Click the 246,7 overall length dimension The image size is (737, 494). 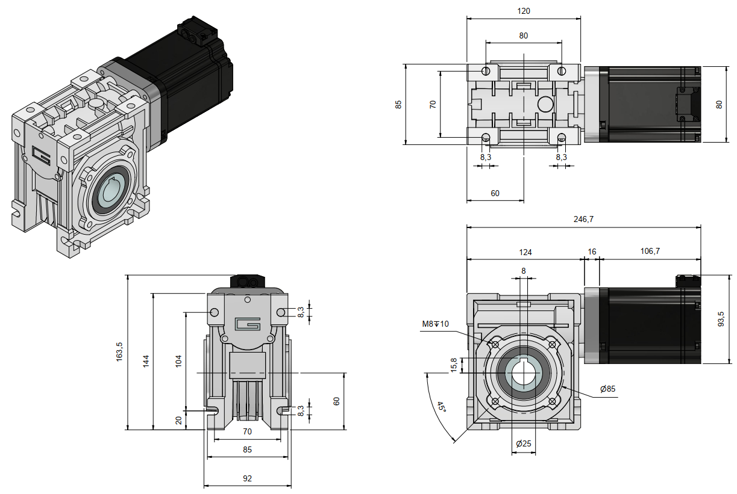click(x=583, y=220)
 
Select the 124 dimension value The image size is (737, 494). click(x=524, y=252)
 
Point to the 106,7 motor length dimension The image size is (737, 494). click(x=650, y=252)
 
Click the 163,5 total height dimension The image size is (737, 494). click(x=119, y=351)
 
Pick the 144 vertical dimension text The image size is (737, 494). click(x=145, y=362)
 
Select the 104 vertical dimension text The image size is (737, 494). click(x=178, y=362)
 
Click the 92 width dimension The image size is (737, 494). click(x=247, y=478)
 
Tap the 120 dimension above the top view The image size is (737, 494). click(x=523, y=11)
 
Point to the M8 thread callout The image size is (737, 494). click(x=435, y=324)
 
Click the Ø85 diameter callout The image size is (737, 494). click(x=607, y=389)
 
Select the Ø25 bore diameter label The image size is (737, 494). click(x=524, y=443)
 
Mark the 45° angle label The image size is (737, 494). click(x=442, y=407)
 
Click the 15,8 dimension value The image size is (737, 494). click(x=454, y=365)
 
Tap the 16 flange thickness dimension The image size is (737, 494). click(x=591, y=252)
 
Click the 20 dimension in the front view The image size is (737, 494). click(x=178, y=420)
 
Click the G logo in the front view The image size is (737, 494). click(x=247, y=324)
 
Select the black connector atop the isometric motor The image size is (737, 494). click(x=196, y=33)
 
